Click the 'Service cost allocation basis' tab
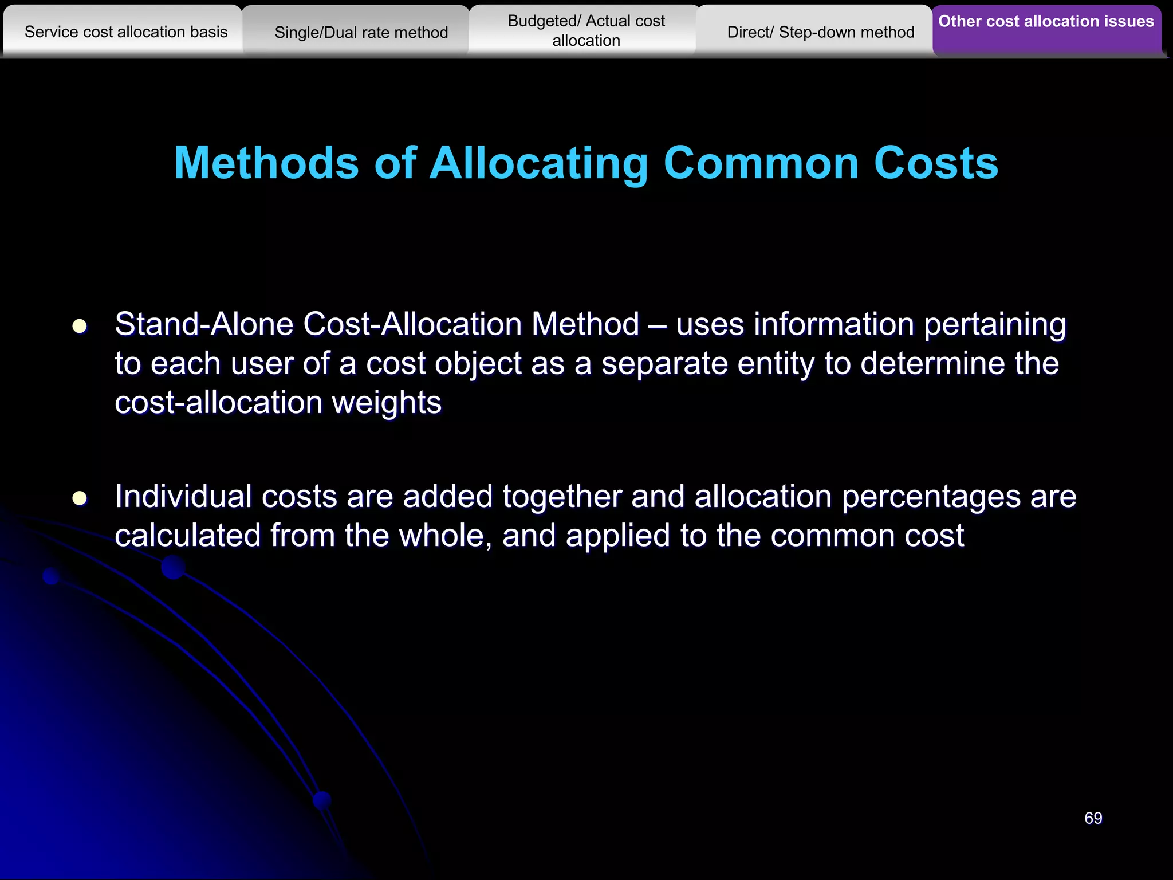[x=126, y=32]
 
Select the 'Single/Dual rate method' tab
[x=361, y=33]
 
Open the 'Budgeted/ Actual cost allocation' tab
[x=586, y=31]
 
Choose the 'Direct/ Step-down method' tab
[x=820, y=33]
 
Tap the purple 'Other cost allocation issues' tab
[x=1046, y=22]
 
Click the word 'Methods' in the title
[x=266, y=163]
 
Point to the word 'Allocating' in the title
[x=538, y=164]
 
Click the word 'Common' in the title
[x=761, y=163]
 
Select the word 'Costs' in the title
[x=936, y=163]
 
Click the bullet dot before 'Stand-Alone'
[x=80, y=327]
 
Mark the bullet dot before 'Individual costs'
[x=80, y=498]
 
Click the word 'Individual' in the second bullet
[x=183, y=496]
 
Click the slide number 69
[x=1093, y=818]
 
